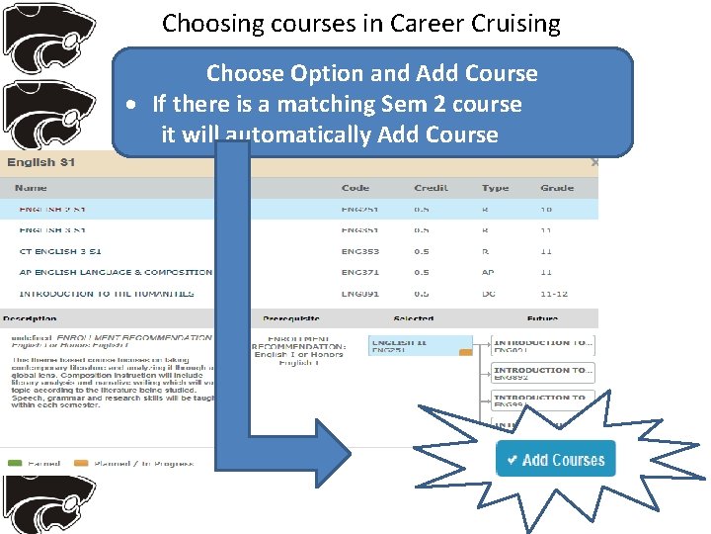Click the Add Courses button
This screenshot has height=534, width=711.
(x=555, y=459)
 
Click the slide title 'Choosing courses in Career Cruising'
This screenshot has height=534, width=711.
(x=360, y=23)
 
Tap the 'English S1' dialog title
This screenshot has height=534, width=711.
(x=40, y=162)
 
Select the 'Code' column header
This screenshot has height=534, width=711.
(x=355, y=188)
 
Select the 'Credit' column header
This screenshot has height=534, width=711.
(x=431, y=188)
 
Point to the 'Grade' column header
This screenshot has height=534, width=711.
(x=557, y=188)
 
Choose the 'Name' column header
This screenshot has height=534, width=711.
(x=32, y=188)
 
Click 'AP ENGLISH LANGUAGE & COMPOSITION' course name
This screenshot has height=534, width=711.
(x=116, y=272)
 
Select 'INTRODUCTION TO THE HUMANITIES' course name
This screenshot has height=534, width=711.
(x=107, y=293)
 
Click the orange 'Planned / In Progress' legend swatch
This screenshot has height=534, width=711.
(x=81, y=463)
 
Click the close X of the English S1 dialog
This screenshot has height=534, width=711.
(x=593, y=162)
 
